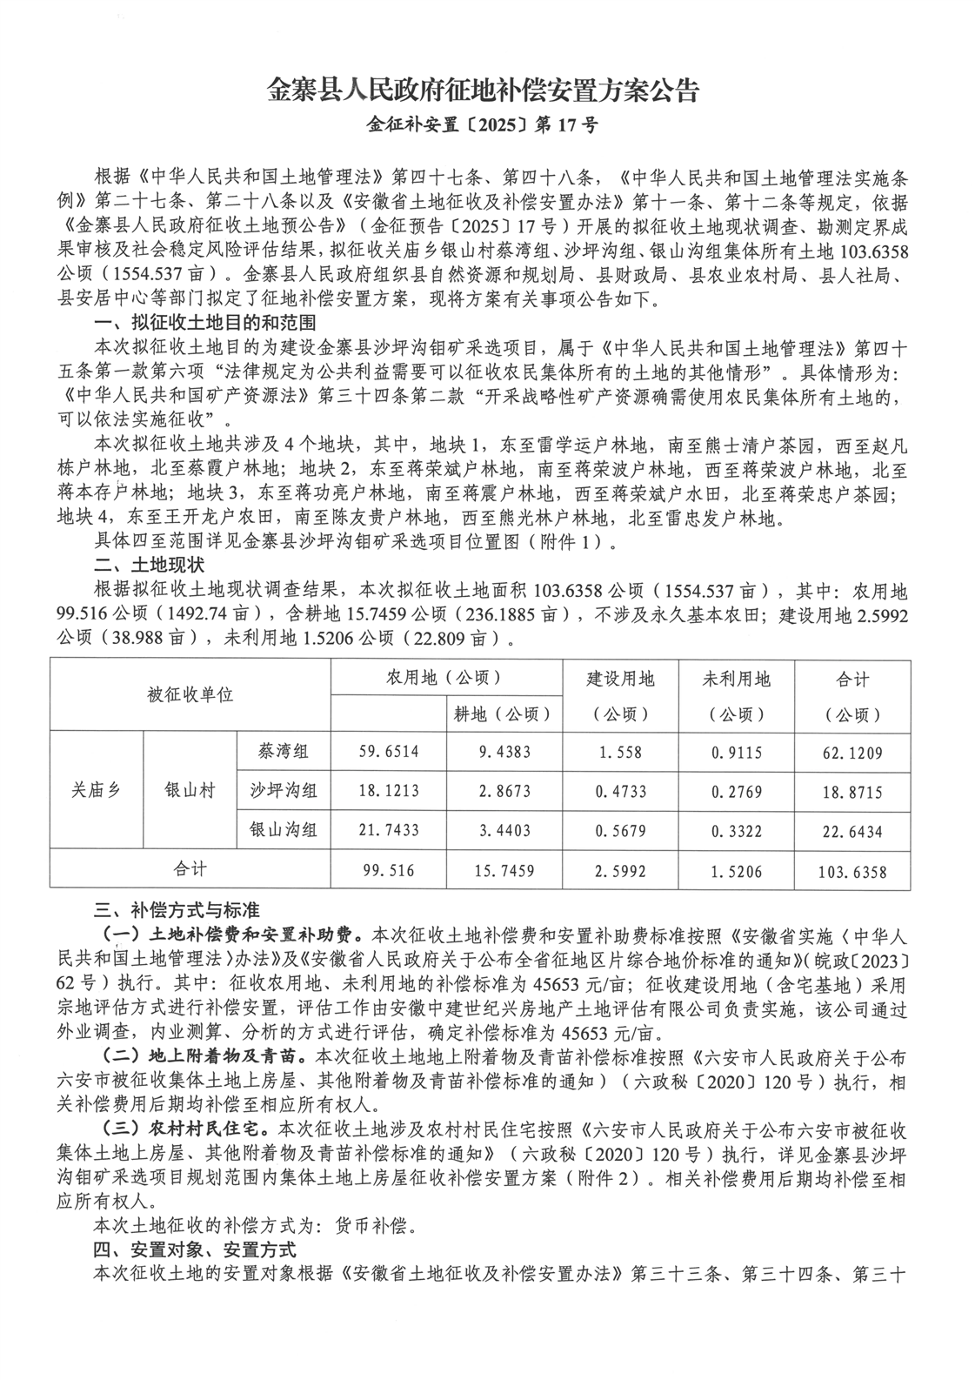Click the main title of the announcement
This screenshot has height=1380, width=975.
tap(483, 91)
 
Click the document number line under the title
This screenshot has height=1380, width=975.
tap(483, 125)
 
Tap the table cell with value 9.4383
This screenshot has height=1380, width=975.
tap(504, 751)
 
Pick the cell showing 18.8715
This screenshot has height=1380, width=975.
tap(852, 791)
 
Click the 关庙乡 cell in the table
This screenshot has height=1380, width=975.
tap(97, 791)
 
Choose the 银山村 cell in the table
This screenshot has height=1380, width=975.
tap(190, 791)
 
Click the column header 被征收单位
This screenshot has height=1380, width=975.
tap(190, 695)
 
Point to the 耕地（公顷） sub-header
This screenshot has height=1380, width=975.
tap(504, 714)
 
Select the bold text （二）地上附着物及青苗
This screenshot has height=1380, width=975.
tap(204, 1058)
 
